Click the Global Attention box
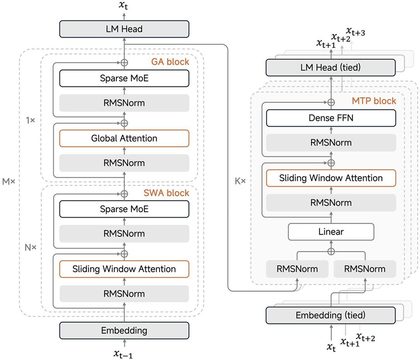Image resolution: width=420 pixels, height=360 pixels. pyautogui.click(x=124, y=138)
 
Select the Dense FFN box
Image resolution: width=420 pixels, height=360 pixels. pyautogui.click(x=331, y=118)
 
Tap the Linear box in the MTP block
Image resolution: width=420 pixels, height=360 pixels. pyautogui.click(x=331, y=232)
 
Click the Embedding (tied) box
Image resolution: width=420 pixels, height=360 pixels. pyautogui.click(x=331, y=315)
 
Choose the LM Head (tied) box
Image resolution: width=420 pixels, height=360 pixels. pyautogui.click(x=331, y=68)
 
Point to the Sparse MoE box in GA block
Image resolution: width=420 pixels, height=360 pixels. pyautogui.click(x=124, y=78)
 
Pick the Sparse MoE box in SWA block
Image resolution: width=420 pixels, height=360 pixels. pyautogui.click(x=124, y=209)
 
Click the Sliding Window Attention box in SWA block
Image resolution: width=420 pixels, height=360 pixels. pyautogui.click(x=124, y=269)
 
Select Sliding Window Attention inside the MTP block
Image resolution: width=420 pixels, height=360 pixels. pyautogui.click(x=331, y=178)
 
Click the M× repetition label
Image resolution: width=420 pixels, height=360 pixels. pyautogui.click(x=9, y=182)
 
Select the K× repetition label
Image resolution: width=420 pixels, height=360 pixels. pyautogui.click(x=241, y=181)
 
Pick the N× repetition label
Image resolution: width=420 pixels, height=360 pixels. pyautogui.click(x=30, y=247)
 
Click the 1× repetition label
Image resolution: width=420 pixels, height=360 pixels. pyautogui.click(x=30, y=121)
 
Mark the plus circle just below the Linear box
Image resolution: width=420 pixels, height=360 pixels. pyautogui.click(x=331, y=251)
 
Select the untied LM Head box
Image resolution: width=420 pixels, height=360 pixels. pyautogui.click(x=124, y=29)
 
